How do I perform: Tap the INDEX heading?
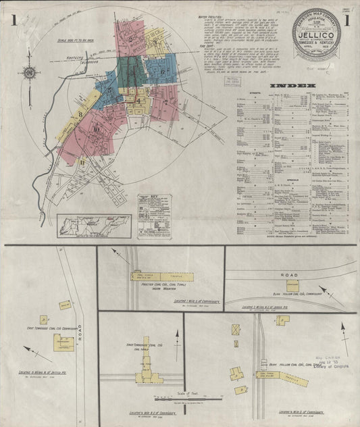coord(292,86)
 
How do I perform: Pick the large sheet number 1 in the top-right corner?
coord(346,20)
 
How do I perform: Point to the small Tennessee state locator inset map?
coord(95,225)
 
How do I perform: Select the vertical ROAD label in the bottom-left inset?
coord(79,331)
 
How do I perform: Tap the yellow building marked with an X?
coord(236,330)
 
